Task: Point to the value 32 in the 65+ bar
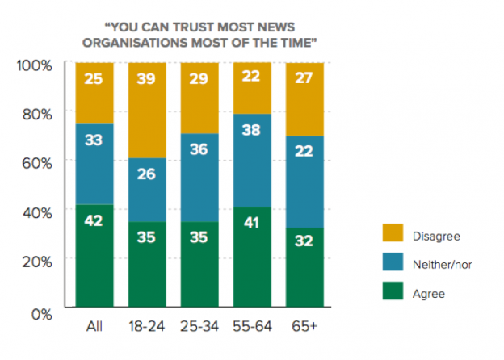pos(304,241)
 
